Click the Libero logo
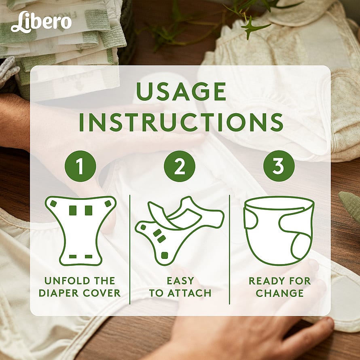[41, 22]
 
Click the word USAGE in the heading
[181, 91]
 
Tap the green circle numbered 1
[80, 166]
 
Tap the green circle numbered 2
[180, 166]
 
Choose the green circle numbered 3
[279, 166]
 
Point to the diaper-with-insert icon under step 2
[180, 231]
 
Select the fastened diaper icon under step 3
[279, 231]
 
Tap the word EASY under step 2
[180, 281]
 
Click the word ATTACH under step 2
[189, 293]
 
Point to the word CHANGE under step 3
[280, 293]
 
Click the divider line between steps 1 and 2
[130, 250]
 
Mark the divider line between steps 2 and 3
[229, 250]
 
